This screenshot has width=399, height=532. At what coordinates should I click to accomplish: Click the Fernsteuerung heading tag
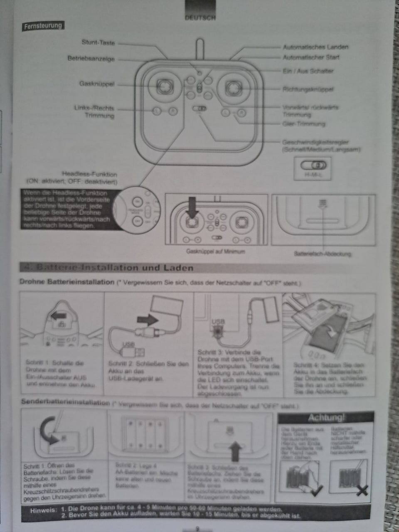tap(43, 26)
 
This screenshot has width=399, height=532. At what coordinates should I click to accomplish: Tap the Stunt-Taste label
tap(98, 42)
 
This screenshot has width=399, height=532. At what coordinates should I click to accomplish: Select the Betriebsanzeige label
tap(91, 59)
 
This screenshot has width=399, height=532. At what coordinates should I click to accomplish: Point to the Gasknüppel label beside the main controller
tap(96, 84)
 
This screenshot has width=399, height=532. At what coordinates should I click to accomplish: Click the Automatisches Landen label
tap(315, 47)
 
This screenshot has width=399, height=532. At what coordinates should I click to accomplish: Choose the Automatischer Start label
tap(311, 57)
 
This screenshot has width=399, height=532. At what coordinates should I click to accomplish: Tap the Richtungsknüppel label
tap(308, 89)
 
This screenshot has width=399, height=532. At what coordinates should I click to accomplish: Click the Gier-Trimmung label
tap(303, 124)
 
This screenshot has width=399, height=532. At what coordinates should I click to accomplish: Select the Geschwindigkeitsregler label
tap(315, 142)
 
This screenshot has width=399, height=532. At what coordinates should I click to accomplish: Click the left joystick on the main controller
tap(165, 86)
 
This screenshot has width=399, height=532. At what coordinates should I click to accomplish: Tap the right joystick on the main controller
tap(233, 87)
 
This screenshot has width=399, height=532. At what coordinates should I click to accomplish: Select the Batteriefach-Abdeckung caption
tap(323, 253)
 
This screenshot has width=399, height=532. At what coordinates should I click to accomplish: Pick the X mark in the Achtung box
tap(362, 491)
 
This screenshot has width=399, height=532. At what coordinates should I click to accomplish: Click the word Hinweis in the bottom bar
tap(42, 510)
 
